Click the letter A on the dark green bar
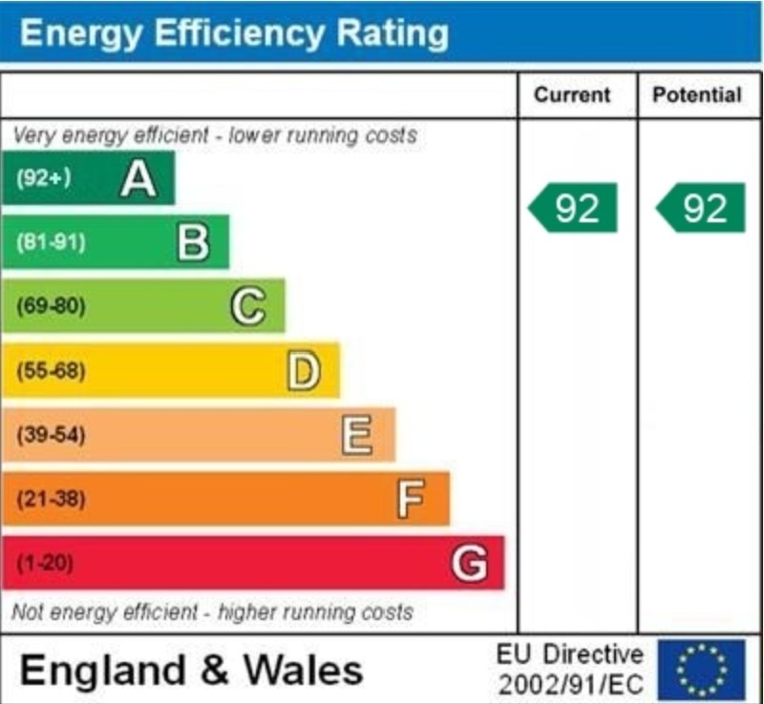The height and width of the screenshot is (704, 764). click(x=138, y=178)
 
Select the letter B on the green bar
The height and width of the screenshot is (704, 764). click(x=193, y=242)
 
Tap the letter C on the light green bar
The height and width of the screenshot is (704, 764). click(x=247, y=307)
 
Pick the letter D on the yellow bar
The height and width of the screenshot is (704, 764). click(x=303, y=371)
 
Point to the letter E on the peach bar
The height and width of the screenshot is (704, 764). click(x=357, y=436)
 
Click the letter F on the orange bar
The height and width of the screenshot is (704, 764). click(x=411, y=499)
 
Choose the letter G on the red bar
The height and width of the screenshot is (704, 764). click(x=469, y=564)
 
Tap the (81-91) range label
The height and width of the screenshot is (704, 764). click(x=51, y=242)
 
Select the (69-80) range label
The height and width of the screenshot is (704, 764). click(x=51, y=307)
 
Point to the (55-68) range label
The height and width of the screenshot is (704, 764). click(x=51, y=371)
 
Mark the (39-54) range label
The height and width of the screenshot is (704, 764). click(x=51, y=436)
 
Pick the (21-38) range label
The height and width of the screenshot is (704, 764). click(x=51, y=499)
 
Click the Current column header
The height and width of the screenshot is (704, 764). click(x=571, y=94)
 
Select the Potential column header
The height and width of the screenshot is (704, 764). click(x=696, y=94)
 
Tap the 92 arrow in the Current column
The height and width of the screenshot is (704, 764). click(x=573, y=208)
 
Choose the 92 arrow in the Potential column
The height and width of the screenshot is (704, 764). click(x=700, y=208)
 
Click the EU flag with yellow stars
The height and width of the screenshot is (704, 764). click(x=701, y=670)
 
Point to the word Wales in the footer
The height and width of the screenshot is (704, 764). click(x=304, y=670)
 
